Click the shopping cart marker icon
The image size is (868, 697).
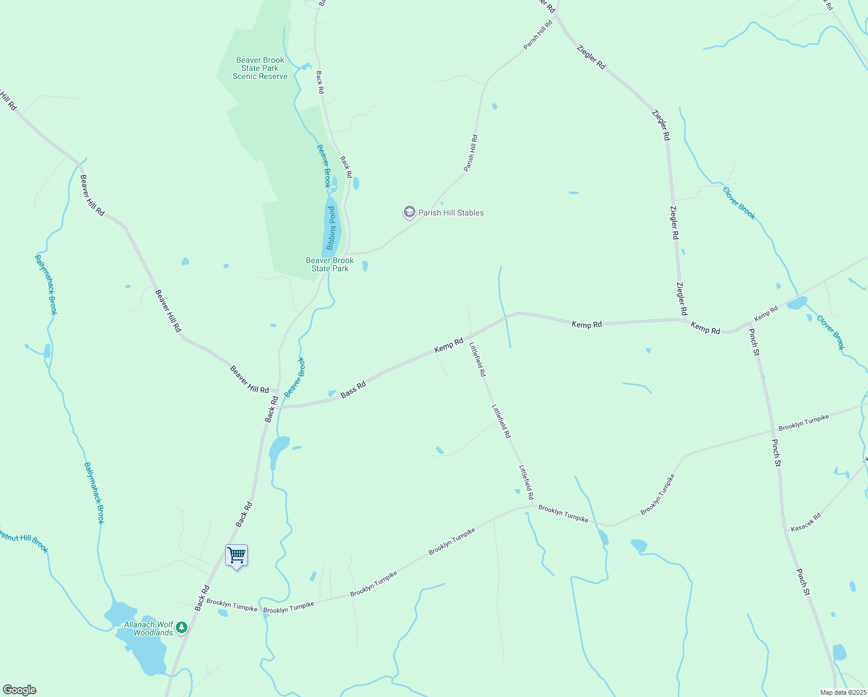click(x=236, y=556)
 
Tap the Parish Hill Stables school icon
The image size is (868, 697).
click(x=409, y=213)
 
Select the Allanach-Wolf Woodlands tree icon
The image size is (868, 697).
click(x=182, y=627)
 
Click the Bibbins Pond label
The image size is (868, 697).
click(x=332, y=227)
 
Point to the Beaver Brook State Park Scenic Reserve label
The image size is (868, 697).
click(x=260, y=68)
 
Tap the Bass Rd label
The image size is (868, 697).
click(x=353, y=389)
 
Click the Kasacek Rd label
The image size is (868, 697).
click(x=806, y=522)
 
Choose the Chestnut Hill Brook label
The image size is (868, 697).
click(x=23, y=540)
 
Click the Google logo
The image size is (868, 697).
click(x=19, y=690)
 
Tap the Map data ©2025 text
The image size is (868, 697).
click(x=842, y=692)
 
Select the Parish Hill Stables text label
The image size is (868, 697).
click(x=451, y=213)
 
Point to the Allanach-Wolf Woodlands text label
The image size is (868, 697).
click(x=149, y=628)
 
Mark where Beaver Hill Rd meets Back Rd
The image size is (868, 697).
click(x=277, y=390)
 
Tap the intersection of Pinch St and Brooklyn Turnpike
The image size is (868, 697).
click(x=774, y=431)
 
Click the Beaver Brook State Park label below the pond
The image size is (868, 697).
click(x=330, y=264)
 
